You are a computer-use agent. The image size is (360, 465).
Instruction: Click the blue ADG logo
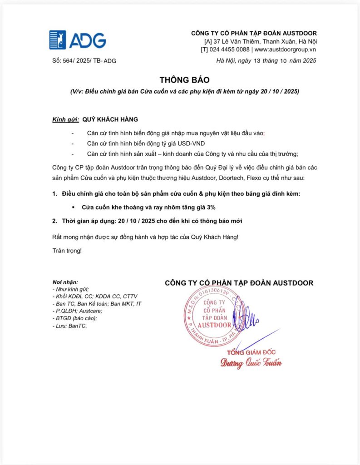tap(77, 40)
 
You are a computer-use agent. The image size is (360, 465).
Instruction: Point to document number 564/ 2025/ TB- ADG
tap(84, 61)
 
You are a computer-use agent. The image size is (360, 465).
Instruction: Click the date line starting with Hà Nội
tap(266, 61)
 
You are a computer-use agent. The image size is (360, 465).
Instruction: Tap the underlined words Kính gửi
tap(65, 119)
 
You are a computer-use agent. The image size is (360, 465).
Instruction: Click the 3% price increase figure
tap(210, 207)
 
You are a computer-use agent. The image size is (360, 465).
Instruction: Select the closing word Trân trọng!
tap(67, 251)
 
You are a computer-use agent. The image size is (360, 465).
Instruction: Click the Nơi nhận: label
tap(65, 282)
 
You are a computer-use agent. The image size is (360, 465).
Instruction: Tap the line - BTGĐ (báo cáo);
tap(74, 318)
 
